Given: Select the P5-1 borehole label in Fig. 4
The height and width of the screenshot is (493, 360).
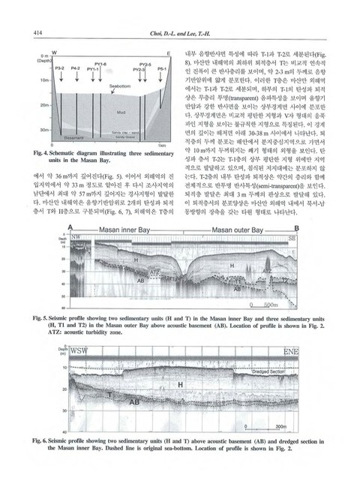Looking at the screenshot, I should (163, 68).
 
